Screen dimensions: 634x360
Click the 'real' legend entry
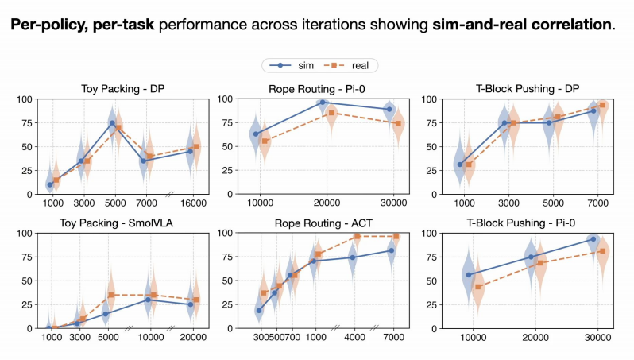pos(346,65)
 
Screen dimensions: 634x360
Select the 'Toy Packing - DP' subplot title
pos(123,89)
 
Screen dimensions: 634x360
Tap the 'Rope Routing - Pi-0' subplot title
pos(317,89)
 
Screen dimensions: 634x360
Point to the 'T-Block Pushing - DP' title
pos(528,89)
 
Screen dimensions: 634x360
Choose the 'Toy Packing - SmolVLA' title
pos(117,223)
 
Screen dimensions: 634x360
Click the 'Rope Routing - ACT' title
pos(323,223)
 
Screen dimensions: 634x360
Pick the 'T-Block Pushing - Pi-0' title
pos(521,223)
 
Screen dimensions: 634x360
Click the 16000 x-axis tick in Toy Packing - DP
pos(193,203)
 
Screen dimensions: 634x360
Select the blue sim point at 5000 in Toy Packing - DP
pos(112,123)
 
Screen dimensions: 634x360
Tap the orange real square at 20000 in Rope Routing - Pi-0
pos(331,113)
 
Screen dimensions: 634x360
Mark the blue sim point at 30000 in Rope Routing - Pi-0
pos(389,109)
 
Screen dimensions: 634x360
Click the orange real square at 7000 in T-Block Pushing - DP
pos(602,105)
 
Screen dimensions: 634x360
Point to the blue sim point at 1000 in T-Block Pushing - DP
pos(460,165)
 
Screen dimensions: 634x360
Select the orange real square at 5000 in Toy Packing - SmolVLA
pos(111,295)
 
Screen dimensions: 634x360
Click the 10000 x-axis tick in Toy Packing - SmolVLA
pos(151,337)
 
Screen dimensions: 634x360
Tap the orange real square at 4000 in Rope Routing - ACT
pos(358,236)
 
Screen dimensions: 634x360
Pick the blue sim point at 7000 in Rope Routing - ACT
pos(392,251)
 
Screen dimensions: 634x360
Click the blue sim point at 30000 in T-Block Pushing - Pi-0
pos(593,239)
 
